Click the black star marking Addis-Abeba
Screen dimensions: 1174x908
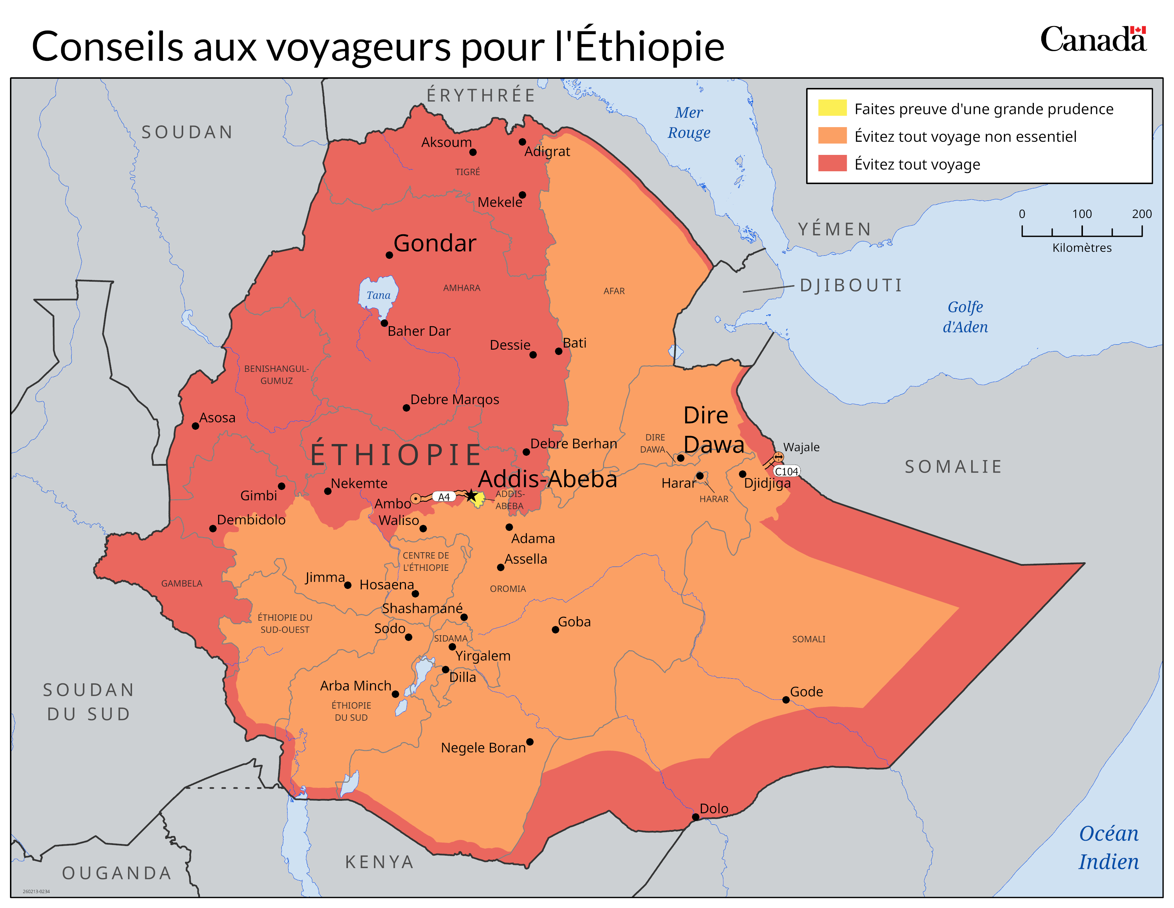pyautogui.click(x=471, y=495)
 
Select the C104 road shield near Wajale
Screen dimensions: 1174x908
pyautogui.click(x=786, y=471)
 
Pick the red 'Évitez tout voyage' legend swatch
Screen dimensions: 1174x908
pyautogui.click(x=832, y=163)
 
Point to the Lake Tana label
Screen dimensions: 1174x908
pyautogui.click(x=379, y=295)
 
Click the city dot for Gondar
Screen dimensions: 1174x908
pyautogui.click(x=389, y=255)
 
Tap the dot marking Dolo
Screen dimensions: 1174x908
pyautogui.click(x=695, y=816)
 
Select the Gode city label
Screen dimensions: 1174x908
pyautogui.click(x=806, y=692)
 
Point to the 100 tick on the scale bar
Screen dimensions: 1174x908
pyautogui.click(x=1082, y=231)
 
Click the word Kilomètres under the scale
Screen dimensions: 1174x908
pyautogui.click(x=1082, y=248)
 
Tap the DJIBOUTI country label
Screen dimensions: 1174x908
pyautogui.click(x=851, y=285)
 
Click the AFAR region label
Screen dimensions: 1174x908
pyautogui.click(x=614, y=291)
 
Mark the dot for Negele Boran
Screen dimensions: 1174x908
pyautogui.click(x=529, y=742)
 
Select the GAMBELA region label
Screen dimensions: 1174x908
pyautogui.click(x=182, y=584)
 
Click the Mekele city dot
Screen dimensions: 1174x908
pyautogui.click(x=522, y=195)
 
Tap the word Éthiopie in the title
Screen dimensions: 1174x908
pyautogui.click(x=649, y=47)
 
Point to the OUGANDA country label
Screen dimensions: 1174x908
pyautogui.click(x=117, y=873)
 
